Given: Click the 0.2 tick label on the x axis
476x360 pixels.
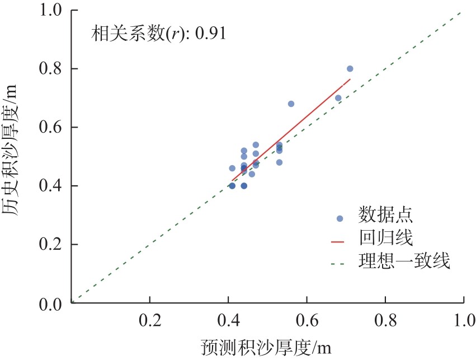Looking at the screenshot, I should (x=149, y=321).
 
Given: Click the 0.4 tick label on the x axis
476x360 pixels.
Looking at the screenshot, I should (x=228, y=321).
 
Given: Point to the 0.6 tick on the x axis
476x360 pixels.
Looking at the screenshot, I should (x=306, y=321).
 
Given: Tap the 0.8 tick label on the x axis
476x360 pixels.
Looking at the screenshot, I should (x=385, y=321).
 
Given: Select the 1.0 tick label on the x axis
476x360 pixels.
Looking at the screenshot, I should (x=463, y=321).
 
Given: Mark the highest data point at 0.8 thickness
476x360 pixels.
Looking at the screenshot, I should (x=350, y=69).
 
